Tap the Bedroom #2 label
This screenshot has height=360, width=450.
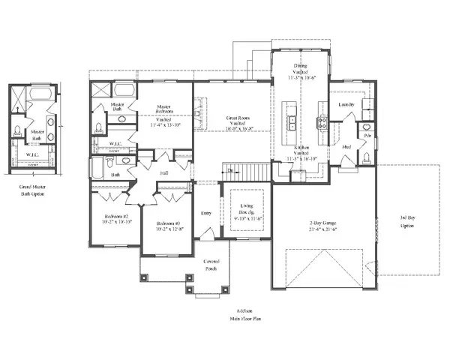click(117, 215)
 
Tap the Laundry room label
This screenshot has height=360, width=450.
click(346, 104)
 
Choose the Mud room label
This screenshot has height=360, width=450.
click(346, 146)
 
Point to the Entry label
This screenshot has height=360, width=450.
click(206, 213)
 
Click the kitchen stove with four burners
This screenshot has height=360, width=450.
click(322, 123)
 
